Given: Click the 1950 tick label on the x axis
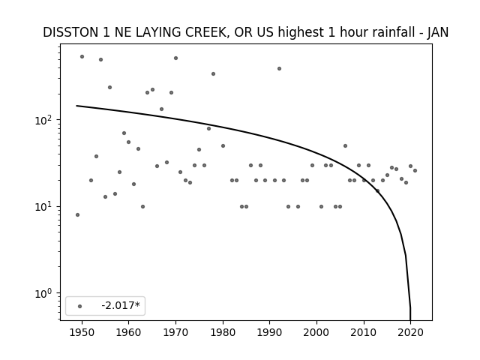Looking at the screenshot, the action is tap(82, 332).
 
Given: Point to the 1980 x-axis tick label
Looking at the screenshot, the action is tap(223, 332).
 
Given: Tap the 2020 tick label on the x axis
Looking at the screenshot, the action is tap(410, 332).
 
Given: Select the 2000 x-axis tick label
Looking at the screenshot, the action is tap(316, 332).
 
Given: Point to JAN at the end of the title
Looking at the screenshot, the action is tap(438, 32).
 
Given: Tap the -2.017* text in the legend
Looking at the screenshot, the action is tap(121, 305).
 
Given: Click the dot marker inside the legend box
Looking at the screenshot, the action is tap(80, 306).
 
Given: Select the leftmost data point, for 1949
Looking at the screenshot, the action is tap(77, 215).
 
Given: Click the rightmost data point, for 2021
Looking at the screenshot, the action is tap(415, 170).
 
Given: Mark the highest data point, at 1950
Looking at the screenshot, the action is tap(82, 57).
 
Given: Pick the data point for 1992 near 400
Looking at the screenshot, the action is tap(279, 68).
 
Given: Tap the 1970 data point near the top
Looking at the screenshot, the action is tap(175, 58).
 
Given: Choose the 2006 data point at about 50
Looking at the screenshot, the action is tap(345, 145).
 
